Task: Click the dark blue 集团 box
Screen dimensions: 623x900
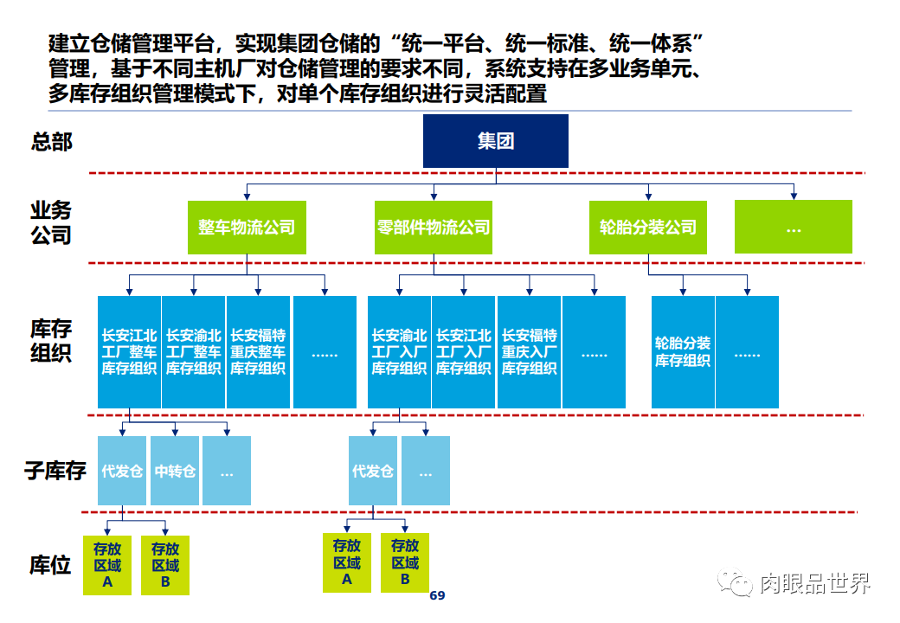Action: (495, 141)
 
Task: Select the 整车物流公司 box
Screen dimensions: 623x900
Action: (247, 228)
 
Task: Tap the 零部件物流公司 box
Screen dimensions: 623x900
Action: (433, 228)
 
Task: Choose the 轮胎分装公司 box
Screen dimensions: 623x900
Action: (648, 228)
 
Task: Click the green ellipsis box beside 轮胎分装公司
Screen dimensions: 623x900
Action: (793, 228)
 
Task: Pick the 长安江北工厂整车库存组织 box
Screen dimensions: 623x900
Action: (129, 351)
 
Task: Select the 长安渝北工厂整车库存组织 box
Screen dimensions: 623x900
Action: (193, 351)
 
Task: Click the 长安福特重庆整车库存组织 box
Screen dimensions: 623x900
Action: (258, 351)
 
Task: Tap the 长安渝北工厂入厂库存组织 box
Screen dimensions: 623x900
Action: (399, 351)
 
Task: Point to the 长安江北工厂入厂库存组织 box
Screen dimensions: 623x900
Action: (463, 351)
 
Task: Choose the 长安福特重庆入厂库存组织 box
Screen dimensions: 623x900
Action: (529, 351)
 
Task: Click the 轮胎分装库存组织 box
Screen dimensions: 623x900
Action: (683, 351)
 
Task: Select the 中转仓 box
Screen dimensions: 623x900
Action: (175, 472)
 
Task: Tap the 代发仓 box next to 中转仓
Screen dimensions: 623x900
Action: (122, 472)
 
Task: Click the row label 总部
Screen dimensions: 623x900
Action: (52, 142)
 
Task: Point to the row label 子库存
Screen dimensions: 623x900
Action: (55, 472)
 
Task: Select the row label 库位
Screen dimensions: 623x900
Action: (50, 566)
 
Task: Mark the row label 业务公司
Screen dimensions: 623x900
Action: (51, 222)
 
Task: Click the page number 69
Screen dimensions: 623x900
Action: (437, 596)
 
